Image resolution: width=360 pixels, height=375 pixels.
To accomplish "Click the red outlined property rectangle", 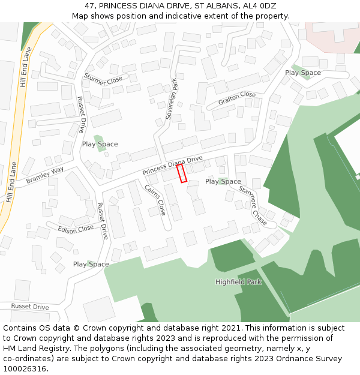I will (x=182, y=173).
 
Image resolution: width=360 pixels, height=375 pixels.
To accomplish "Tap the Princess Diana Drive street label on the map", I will (x=173, y=165).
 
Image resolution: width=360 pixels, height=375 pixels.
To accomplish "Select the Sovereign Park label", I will (x=172, y=101).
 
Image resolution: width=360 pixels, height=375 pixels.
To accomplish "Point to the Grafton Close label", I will (x=237, y=98).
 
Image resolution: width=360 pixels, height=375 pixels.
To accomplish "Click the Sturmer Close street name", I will (x=103, y=79).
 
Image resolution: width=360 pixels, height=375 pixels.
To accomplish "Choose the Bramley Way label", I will (x=44, y=176).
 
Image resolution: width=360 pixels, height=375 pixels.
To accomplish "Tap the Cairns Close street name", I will (x=155, y=200).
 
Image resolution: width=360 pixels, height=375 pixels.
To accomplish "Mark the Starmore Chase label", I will (x=253, y=204).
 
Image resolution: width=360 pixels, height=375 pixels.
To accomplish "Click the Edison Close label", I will (x=76, y=229).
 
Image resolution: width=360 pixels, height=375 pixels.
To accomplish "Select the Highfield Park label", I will (x=238, y=282).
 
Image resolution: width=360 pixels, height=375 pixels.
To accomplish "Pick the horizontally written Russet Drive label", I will (x=30, y=307).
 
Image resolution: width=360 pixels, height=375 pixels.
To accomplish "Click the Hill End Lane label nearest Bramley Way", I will (x=10, y=182).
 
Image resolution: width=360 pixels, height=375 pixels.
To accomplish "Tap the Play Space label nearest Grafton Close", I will (x=303, y=73).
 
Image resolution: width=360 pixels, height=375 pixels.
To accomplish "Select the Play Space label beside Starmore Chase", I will (x=223, y=181).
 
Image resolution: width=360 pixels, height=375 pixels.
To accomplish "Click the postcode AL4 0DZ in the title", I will (x=259, y=5).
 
